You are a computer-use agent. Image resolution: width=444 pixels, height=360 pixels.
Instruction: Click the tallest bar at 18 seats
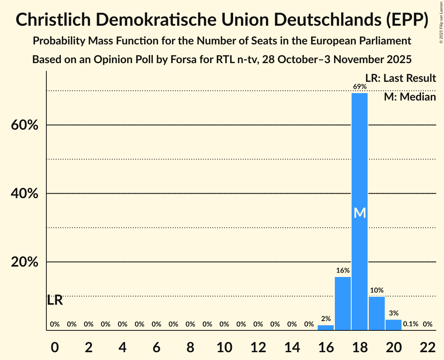click(x=359, y=175)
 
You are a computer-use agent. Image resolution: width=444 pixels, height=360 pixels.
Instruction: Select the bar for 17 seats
click(x=343, y=304)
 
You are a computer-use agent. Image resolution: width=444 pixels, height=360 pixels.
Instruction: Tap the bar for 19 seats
click(x=377, y=313)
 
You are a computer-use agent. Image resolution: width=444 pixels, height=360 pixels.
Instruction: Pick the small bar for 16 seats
click(x=325, y=328)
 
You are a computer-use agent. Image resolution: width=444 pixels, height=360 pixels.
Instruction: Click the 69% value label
click(x=359, y=86)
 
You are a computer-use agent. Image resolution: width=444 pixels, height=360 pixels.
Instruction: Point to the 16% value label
click(x=343, y=270)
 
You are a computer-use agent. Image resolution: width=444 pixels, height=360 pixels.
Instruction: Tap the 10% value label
click(x=377, y=290)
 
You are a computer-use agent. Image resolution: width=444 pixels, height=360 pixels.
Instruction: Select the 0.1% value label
click(x=410, y=324)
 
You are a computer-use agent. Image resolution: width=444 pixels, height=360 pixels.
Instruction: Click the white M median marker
click(x=360, y=213)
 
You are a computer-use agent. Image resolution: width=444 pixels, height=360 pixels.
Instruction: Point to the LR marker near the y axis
click(x=55, y=300)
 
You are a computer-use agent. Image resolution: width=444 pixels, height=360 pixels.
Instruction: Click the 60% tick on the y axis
click(x=24, y=125)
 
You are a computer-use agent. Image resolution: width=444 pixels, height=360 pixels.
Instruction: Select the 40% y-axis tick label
click(x=24, y=194)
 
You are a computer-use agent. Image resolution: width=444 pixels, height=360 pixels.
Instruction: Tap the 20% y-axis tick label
click(x=24, y=262)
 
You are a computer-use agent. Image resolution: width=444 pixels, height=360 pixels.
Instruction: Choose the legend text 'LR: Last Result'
click(x=400, y=78)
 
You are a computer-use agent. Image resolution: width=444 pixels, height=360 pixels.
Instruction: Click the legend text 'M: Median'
click(x=410, y=97)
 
